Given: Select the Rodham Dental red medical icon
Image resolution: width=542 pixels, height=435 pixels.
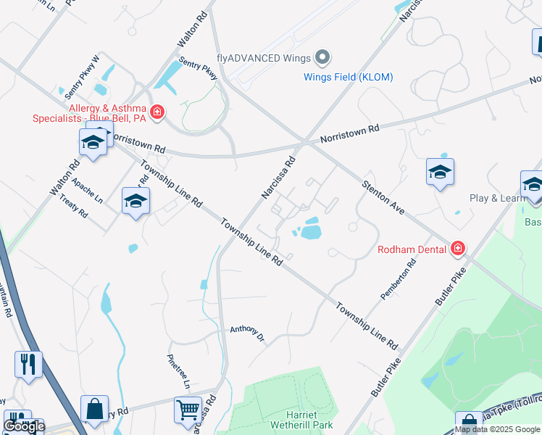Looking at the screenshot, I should coord(457,249).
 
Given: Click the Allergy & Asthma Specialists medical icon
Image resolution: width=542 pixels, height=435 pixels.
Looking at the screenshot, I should coord(157,113).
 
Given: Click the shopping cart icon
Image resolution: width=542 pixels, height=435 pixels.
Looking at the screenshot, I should coord(188,410).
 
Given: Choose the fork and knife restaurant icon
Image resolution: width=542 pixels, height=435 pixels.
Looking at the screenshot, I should coord(28,364).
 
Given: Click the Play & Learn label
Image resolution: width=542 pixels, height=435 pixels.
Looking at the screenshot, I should coord(498,198).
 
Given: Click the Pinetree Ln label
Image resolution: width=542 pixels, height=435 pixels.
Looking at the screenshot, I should coord(178,369).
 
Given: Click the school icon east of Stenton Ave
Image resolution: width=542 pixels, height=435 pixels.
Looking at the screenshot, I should coord(440,172).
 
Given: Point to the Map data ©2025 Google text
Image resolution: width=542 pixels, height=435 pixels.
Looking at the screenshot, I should coord(497,429).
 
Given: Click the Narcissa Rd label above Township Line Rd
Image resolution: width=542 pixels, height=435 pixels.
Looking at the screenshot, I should coord(278,179).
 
